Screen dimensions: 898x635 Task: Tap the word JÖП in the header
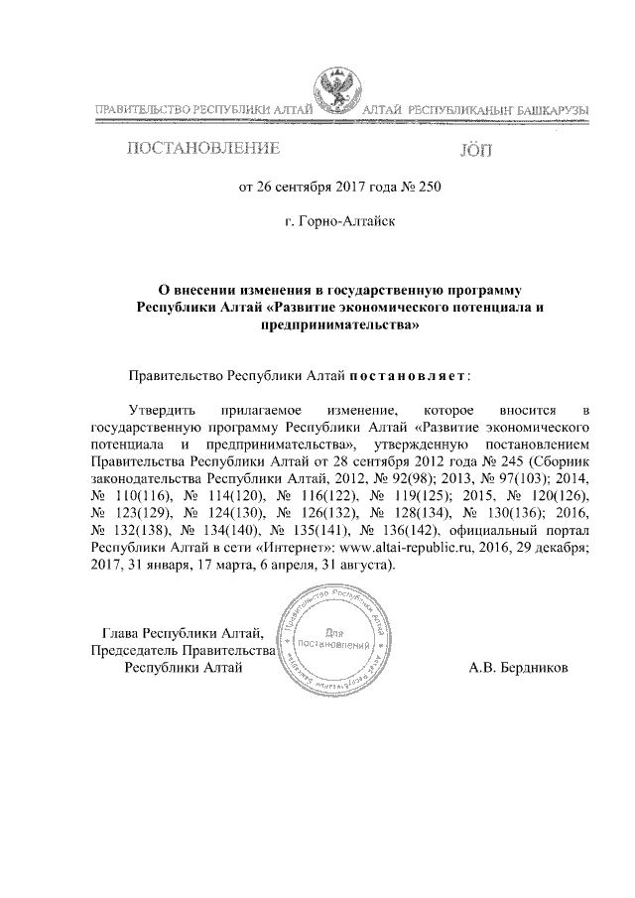pos(476,151)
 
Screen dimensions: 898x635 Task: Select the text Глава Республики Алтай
pos(184,632)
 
